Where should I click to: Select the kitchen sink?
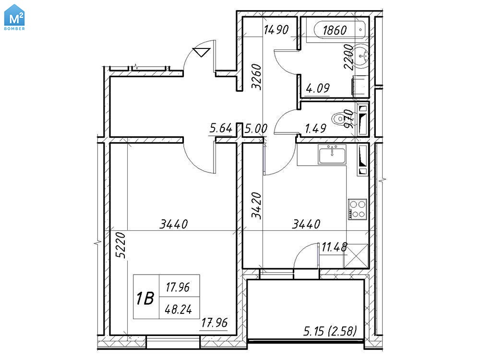point(332,154)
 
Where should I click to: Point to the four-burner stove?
point(358,209)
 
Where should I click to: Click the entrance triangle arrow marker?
point(202,52)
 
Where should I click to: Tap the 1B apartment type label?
point(145,298)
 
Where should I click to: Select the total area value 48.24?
point(179,310)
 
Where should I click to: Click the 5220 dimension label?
point(121,245)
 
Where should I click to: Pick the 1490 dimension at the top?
point(276,30)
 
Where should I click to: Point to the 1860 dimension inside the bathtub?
point(335,30)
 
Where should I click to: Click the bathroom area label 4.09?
point(318,88)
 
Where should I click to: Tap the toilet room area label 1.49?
point(316,129)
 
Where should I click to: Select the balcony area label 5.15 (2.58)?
point(330,331)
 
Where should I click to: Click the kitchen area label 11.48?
point(334,247)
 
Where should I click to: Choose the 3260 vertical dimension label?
point(256,76)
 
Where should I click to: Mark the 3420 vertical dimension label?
point(256,205)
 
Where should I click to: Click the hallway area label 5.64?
point(221,128)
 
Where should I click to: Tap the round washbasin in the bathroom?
point(362,55)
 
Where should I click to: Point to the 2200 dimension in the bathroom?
point(348,57)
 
